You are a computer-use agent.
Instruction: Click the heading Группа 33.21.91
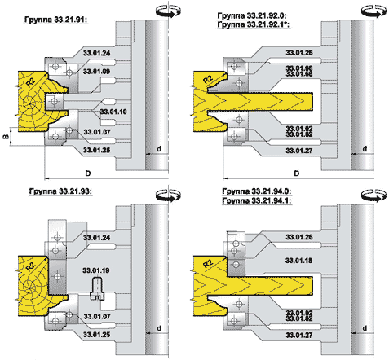click(56, 20)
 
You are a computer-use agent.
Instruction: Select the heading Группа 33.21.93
click(60, 191)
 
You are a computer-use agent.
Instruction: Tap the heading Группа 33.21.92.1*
click(254, 24)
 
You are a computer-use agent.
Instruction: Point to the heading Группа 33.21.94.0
click(257, 191)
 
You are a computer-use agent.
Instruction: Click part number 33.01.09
click(96, 72)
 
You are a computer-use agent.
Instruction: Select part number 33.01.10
click(113, 112)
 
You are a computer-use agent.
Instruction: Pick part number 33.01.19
click(96, 270)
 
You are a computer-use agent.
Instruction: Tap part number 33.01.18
click(298, 261)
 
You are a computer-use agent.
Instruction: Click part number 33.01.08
click(299, 68)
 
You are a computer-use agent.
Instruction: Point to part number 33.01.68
click(299, 74)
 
